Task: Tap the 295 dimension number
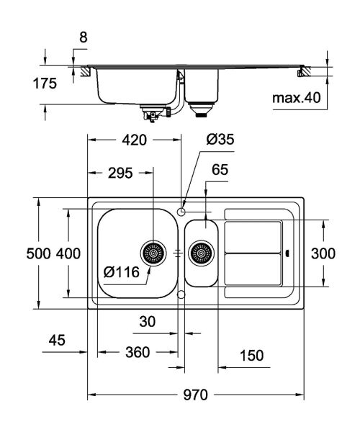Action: [119, 173]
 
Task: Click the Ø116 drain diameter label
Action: [120, 271]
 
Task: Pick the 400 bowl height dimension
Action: [68, 253]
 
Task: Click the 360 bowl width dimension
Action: [137, 353]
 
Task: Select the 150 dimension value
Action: [251, 355]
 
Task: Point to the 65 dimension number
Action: [220, 171]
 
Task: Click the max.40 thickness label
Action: [296, 96]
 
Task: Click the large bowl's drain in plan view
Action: [153, 253]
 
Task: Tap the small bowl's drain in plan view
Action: [201, 253]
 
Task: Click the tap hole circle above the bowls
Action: [181, 210]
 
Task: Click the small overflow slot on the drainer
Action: [287, 253]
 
